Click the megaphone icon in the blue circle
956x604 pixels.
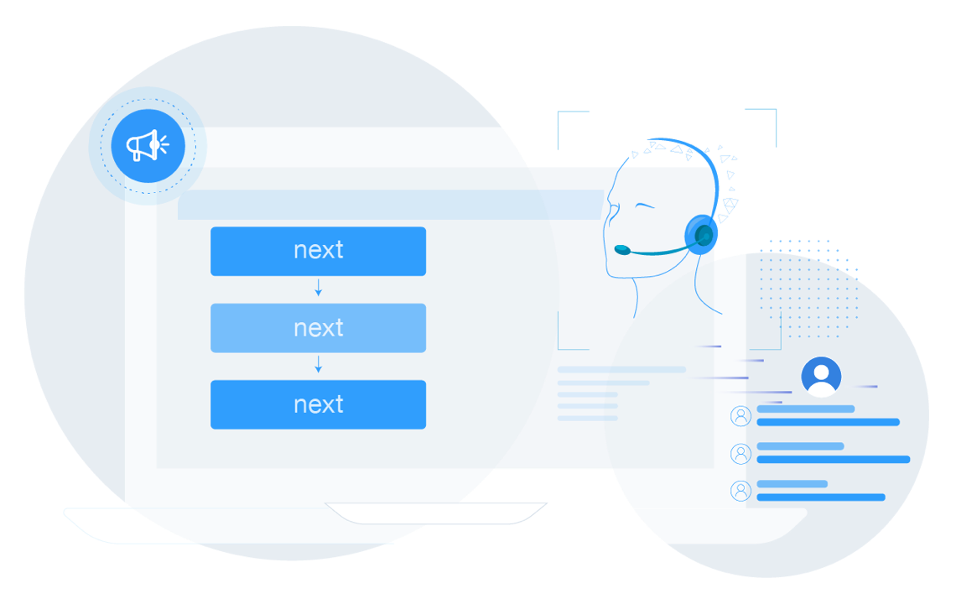pos(148,146)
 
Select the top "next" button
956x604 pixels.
pos(318,251)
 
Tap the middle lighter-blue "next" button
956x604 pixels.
pos(318,328)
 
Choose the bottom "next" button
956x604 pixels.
pos(318,404)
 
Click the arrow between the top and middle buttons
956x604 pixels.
pos(318,289)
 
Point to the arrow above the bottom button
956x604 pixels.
pos(318,366)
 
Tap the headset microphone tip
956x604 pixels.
pos(621,249)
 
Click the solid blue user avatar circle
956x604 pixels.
pos(821,377)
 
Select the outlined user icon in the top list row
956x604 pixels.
pos(740,416)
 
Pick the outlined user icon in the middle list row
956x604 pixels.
pos(740,454)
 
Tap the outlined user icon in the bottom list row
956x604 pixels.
pos(740,491)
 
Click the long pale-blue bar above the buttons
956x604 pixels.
pos(390,205)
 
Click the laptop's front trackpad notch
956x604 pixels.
pos(436,512)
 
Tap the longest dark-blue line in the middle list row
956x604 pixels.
pos(833,460)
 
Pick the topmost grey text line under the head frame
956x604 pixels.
pos(621,369)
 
